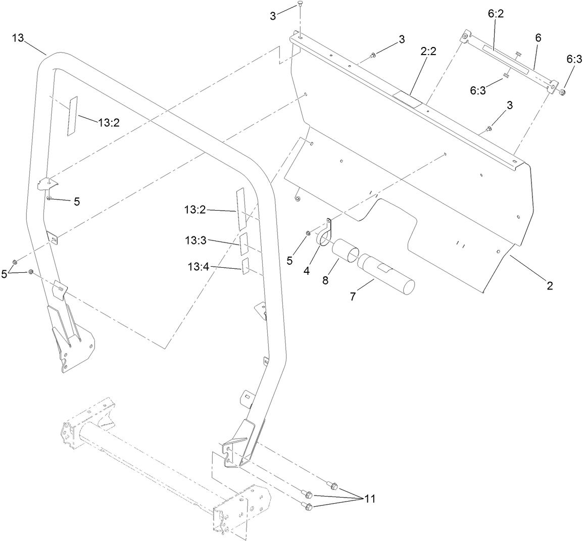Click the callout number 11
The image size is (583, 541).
point(370,499)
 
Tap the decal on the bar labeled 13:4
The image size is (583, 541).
point(246,266)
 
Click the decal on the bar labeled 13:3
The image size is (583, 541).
point(244,244)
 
